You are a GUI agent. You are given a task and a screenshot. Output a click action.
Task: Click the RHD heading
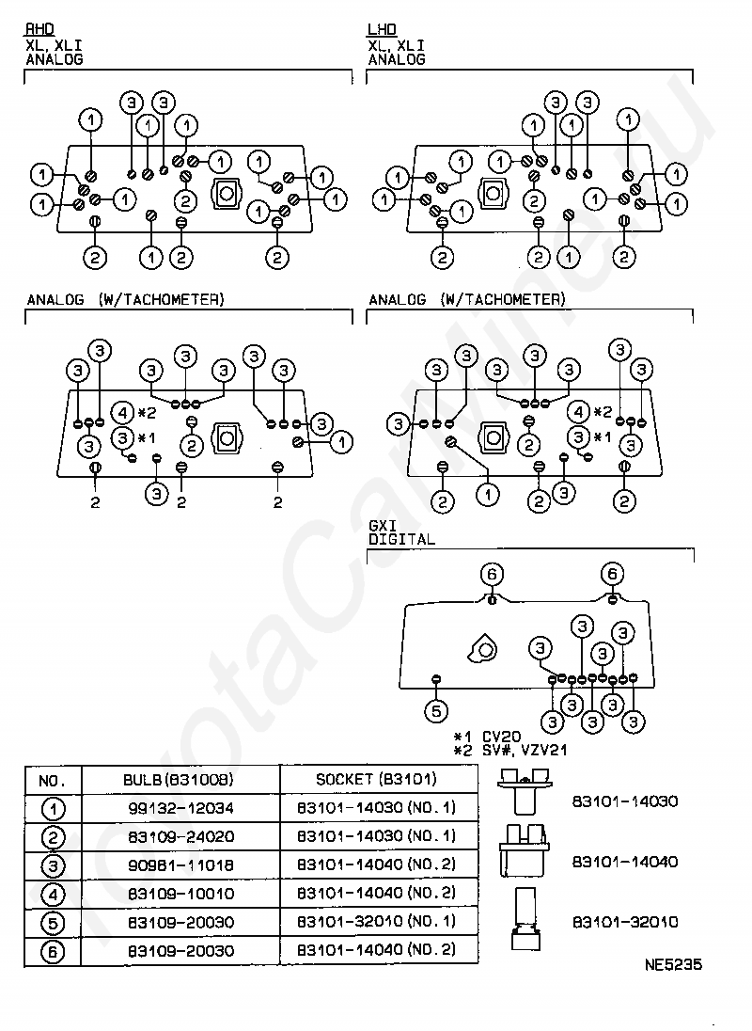(40, 29)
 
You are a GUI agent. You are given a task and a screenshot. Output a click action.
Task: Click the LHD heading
(383, 29)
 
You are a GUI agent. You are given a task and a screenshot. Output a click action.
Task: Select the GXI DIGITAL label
(401, 532)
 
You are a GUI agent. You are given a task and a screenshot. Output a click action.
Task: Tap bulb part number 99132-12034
(180, 807)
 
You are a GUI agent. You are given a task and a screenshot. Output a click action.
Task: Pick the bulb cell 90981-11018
(180, 864)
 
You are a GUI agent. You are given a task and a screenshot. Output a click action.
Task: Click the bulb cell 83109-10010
(180, 894)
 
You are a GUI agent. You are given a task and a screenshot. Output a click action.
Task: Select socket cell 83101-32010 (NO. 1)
(376, 921)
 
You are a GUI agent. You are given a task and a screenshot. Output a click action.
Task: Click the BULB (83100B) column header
(179, 780)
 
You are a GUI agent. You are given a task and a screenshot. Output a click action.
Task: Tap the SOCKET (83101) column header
(376, 779)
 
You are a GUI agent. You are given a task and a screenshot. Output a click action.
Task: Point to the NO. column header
(52, 781)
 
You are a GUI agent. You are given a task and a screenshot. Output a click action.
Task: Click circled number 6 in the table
(53, 951)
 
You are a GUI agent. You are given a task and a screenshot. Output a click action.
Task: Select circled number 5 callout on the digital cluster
(436, 711)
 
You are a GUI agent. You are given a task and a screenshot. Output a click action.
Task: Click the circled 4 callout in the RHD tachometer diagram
(123, 413)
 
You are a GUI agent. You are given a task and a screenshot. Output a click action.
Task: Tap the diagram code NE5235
(673, 964)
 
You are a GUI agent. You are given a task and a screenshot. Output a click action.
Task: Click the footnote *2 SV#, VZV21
(510, 751)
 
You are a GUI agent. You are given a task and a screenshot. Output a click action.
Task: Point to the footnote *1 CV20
(487, 737)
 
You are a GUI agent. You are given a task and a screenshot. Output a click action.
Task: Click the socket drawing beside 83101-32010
(525, 918)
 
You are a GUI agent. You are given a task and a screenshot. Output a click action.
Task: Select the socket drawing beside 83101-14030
(525, 791)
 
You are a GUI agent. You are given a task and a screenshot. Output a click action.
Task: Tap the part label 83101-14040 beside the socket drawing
(624, 862)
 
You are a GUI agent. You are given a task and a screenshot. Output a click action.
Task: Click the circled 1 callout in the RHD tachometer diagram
(341, 442)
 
